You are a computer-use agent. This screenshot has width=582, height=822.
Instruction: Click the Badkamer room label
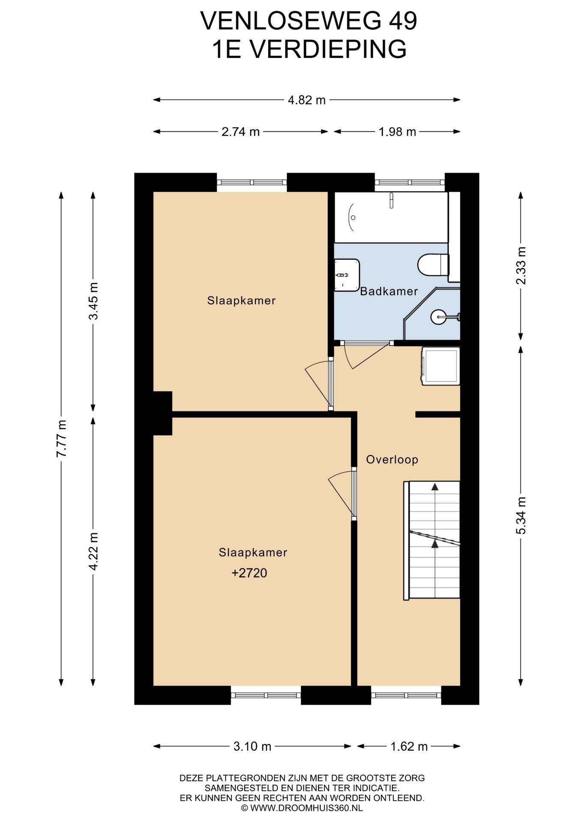click(x=389, y=292)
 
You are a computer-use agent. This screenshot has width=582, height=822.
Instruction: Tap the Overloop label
click(x=392, y=460)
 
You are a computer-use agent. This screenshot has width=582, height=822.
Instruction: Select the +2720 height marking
click(x=249, y=573)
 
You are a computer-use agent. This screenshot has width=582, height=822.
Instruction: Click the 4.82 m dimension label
click(x=307, y=100)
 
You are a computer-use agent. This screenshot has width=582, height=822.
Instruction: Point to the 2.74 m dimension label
click(x=241, y=132)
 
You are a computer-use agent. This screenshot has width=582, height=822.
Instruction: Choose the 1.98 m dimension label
click(x=397, y=132)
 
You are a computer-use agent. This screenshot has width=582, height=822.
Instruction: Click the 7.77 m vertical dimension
click(x=62, y=438)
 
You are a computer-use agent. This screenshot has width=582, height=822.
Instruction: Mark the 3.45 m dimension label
click(x=93, y=301)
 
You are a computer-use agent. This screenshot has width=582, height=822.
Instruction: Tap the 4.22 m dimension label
click(x=93, y=551)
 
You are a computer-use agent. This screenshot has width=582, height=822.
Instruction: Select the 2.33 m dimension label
click(x=521, y=266)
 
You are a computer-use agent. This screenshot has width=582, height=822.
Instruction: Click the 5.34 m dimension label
click(x=521, y=515)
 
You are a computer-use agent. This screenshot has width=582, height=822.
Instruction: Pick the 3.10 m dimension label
click(x=252, y=747)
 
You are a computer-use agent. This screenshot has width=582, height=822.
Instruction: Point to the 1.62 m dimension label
click(x=409, y=747)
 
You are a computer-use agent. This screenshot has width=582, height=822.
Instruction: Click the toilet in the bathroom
click(x=433, y=265)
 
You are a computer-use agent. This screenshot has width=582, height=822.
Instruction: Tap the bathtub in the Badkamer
click(x=391, y=217)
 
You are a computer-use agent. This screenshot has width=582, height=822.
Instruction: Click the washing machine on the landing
click(x=441, y=366)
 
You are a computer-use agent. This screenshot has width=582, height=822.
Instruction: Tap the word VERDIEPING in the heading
click(x=328, y=49)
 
